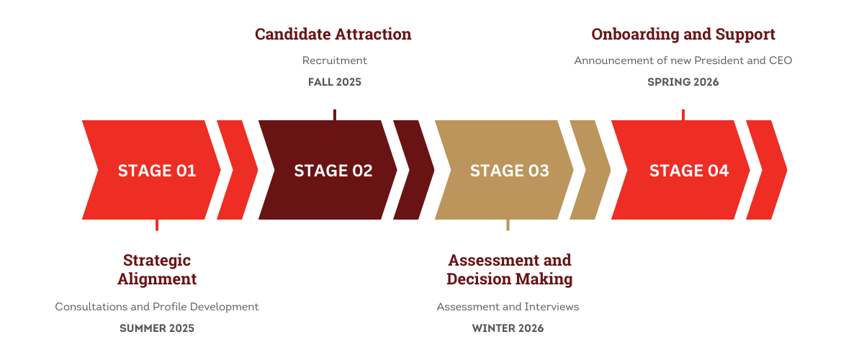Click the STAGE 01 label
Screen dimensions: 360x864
tap(157, 171)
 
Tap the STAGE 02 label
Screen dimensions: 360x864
tap(333, 171)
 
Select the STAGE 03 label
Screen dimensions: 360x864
tap(509, 171)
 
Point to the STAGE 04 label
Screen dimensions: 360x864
tap(688, 171)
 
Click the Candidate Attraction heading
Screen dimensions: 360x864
tap(333, 34)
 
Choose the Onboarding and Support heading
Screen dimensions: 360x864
tap(683, 34)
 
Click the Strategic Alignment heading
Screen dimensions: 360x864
tap(157, 269)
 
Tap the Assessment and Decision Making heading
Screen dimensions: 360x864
tap(509, 269)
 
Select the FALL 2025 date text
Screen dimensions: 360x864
tap(334, 82)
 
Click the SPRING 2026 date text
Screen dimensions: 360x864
tap(683, 82)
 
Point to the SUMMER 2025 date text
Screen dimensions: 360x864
tap(157, 328)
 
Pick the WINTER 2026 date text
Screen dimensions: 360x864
tap(508, 328)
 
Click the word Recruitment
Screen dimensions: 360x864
tap(334, 60)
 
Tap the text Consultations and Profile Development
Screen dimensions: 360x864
tap(157, 307)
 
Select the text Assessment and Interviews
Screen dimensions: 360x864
tap(508, 307)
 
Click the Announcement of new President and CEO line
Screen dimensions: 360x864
tap(683, 60)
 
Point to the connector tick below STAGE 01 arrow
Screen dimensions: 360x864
tap(157, 225)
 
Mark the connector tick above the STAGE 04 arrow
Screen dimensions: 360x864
tap(683, 114)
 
